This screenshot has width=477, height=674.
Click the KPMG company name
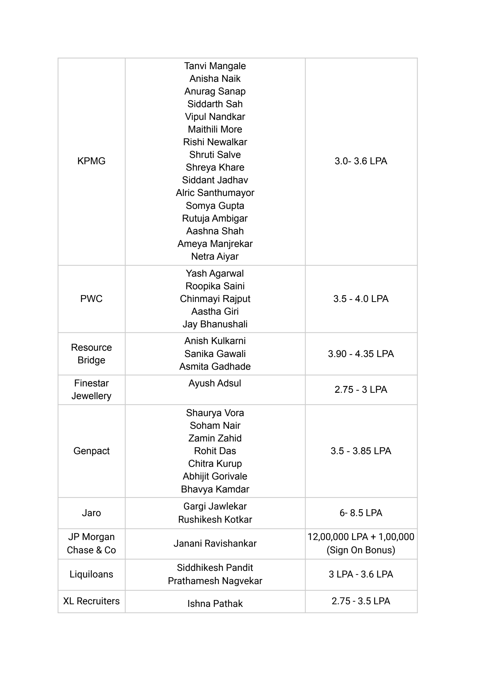(x=91, y=161)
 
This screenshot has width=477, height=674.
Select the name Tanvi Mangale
(x=215, y=66)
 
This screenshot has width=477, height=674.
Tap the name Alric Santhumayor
(x=215, y=193)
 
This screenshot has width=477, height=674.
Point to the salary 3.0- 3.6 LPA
(x=361, y=161)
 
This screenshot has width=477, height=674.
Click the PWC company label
(x=91, y=299)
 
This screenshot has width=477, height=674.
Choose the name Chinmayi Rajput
(x=215, y=299)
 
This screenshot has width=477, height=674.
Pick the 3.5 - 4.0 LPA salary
(x=361, y=299)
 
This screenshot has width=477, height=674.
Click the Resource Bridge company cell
(x=91, y=354)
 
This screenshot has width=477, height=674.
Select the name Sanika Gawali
(x=215, y=354)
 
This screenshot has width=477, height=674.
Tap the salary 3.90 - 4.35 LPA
(x=361, y=354)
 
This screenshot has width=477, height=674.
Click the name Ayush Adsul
(x=215, y=383)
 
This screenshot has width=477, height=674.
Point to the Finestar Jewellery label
(x=91, y=390)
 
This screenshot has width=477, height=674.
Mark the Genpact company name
(x=91, y=451)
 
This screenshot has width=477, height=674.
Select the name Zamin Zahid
(x=215, y=438)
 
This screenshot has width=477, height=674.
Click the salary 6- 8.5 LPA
(x=361, y=513)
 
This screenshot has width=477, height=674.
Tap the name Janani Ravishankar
(x=215, y=543)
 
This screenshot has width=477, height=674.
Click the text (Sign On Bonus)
(x=361, y=550)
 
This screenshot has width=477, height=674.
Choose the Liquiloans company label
(x=91, y=574)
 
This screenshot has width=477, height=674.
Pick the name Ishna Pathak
(x=215, y=603)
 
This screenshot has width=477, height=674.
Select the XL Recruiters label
(x=91, y=601)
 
